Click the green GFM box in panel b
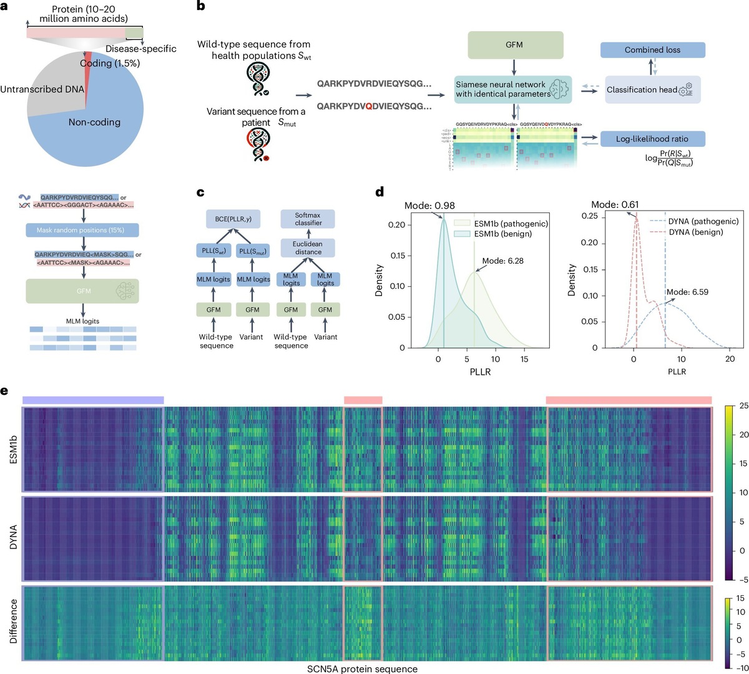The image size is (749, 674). [x=514, y=45]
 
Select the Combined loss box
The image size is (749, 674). [x=652, y=50]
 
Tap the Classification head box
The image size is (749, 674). [x=652, y=90]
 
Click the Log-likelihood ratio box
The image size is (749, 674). [x=652, y=139]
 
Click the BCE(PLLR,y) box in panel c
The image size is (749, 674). [x=233, y=219]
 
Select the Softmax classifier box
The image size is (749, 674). [x=308, y=219]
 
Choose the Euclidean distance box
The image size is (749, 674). [x=308, y=248]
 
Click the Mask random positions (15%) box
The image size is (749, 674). [x=82, y=230]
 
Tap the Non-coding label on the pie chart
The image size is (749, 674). [x=94, y=122]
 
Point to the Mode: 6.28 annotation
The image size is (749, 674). [x=502, y=261]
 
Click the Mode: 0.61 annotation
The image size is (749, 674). [x=615, y=204]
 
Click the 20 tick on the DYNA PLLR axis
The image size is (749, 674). [x=730, y=359]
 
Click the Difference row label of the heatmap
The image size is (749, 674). [x=13, y=622]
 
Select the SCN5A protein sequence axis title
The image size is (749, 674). [x=362, y=668]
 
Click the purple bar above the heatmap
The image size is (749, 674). [x=93, y=400]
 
